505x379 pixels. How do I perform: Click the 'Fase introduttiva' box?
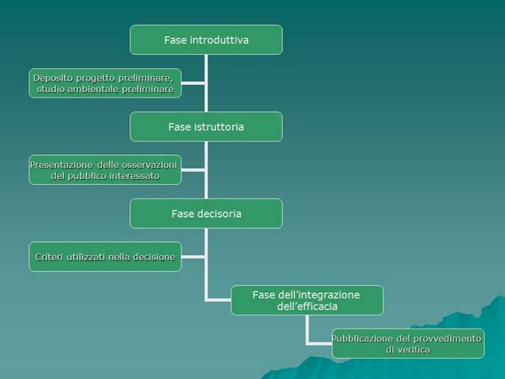coord(206,40)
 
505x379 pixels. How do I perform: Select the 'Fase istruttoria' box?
coord(206,127)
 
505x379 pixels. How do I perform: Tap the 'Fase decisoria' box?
coord(206,213)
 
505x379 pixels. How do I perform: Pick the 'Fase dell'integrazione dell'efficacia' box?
coord(307,300)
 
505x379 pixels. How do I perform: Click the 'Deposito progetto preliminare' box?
coord(105,83)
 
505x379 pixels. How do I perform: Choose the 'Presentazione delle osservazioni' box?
coord(105,170)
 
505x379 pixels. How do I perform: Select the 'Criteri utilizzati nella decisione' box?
coord(105,257)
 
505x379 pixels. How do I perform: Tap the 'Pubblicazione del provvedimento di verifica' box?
coord(408,344)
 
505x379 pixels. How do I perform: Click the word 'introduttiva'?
coord(220,40)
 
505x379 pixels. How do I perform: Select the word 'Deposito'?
coord(53,78)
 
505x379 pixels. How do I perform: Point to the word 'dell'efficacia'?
coord(307,306)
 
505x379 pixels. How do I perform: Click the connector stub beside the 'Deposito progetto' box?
coord(193,83)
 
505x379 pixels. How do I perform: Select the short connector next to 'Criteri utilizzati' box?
coord(193,257)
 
